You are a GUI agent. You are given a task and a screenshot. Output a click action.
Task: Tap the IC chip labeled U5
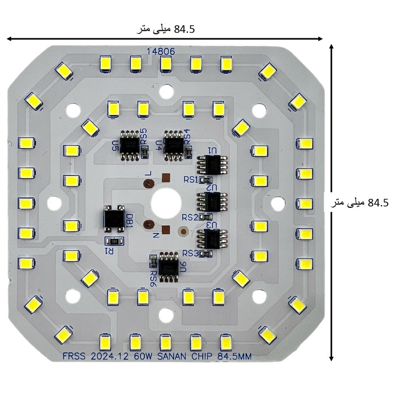pos(132,145)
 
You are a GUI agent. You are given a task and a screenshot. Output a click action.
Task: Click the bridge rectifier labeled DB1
pos(114,218)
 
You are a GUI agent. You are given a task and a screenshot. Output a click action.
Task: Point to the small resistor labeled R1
pos(114,241)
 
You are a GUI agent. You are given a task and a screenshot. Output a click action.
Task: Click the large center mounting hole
pos(165,202)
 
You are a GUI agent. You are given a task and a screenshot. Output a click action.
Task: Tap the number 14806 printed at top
pos(160,51)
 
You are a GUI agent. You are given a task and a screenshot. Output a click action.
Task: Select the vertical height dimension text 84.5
pos(378,203)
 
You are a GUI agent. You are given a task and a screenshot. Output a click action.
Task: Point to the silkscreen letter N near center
pos(155,235)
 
